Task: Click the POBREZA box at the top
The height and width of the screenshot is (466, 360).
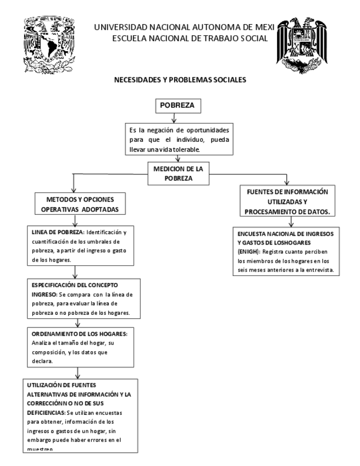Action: pyautogui.click(x=173, y=105)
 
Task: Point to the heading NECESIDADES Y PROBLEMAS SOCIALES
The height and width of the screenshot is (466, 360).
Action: pyautogui.click(x=180, y=80)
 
